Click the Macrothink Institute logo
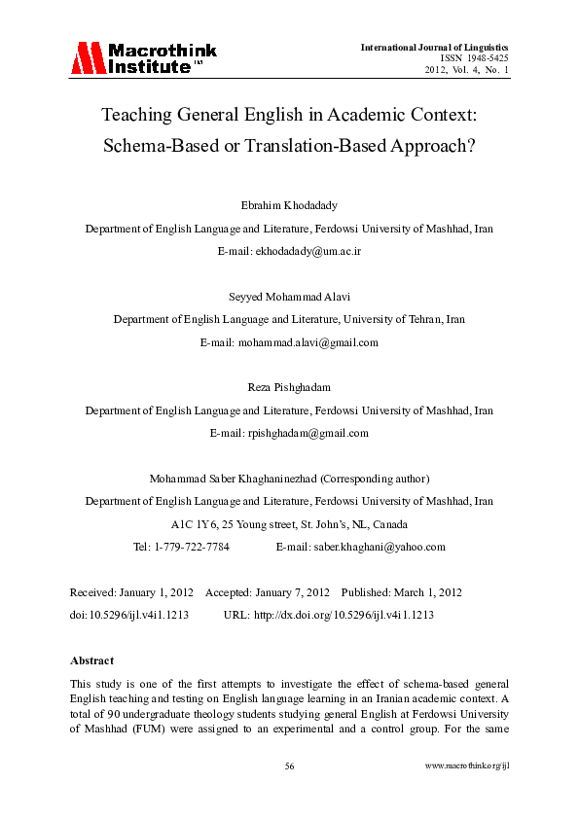(x=142, y=58)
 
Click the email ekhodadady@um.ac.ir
(x=314, y=250)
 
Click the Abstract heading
(x=91, y=660)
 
